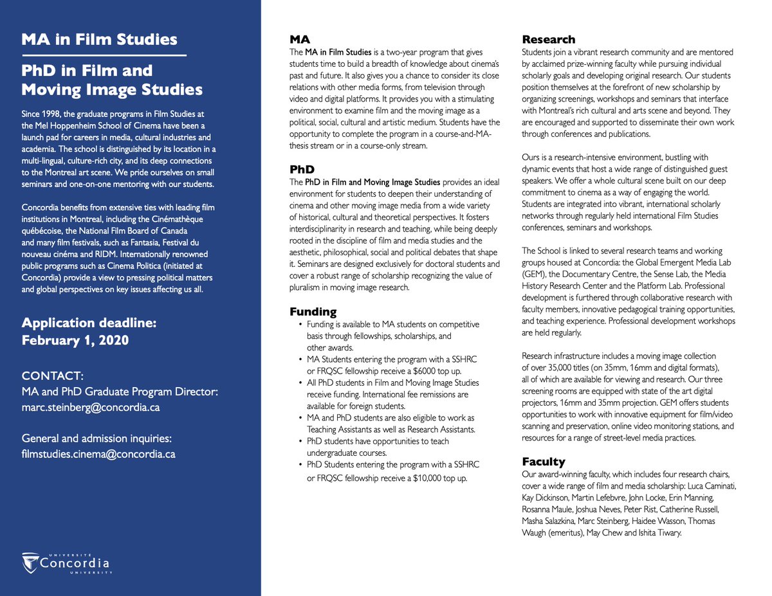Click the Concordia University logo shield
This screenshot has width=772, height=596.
tap(30, 563)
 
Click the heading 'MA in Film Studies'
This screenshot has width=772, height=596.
tap(99, 39)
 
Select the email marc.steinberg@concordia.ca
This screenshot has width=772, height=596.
tap(91, 408)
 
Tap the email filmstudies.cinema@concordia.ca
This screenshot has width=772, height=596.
tap(98, 454)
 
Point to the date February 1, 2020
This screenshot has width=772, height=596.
tap(75, 340)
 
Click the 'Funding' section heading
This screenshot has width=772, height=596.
tap(313, 312)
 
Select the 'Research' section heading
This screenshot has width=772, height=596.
tap(548, 39)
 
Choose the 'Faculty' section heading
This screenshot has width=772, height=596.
tap(543, 462)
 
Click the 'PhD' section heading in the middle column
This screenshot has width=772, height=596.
tap(302, 170)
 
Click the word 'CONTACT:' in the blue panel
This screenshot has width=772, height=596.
tap(51, 375)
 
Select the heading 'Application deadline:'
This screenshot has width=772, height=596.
tap(89, 323)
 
